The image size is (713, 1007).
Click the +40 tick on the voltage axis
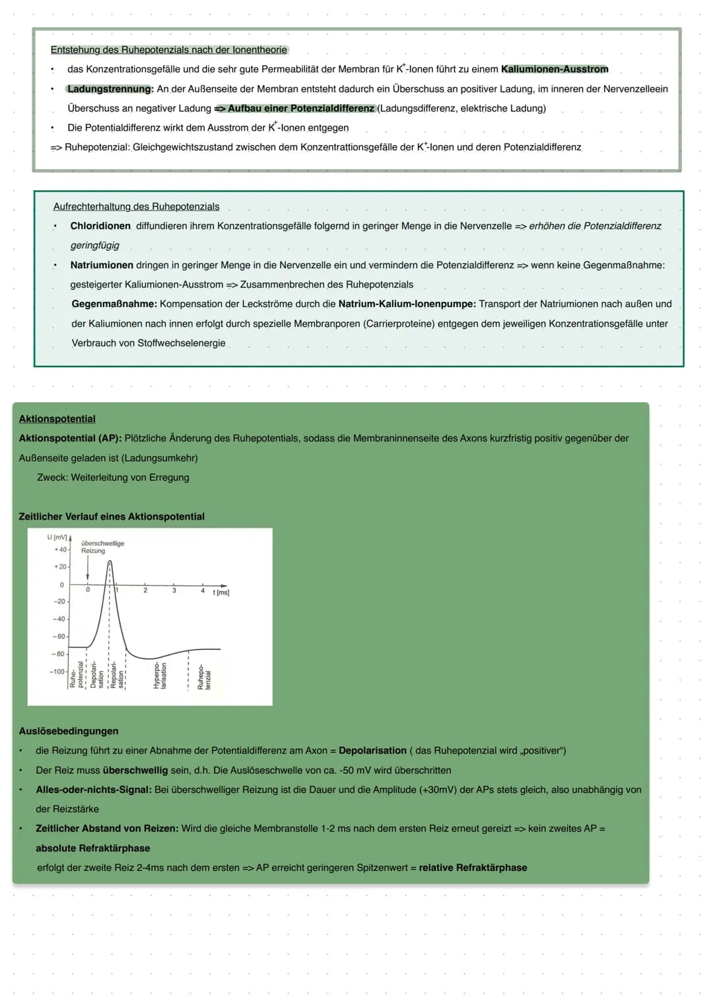(61, 549)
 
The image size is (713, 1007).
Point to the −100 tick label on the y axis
(57, 672)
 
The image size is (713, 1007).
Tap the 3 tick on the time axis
(174, 590)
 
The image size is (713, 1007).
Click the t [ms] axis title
(221, 593)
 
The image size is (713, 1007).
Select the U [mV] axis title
(57, 538)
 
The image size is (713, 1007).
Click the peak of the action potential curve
(110, 561)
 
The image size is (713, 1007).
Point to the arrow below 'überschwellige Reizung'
(88, 568)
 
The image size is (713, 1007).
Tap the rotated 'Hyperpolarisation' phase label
(160, 676)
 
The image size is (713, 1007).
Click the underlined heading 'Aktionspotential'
(57, 419)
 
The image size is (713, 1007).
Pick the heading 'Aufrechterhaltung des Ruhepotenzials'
(136, 207)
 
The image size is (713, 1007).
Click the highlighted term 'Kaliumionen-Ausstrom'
(555, 69)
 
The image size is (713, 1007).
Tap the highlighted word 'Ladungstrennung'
(110, 89)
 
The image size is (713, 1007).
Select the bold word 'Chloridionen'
(100, 226)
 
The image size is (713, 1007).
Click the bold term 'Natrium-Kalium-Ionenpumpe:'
(407, 304)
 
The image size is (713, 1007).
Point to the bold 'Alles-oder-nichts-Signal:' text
(94, 790)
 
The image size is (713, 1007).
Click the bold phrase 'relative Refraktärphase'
(473, 868)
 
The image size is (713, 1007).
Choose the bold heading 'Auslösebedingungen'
(69, 731)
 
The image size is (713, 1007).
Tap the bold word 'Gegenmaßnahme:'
(114, 304)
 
